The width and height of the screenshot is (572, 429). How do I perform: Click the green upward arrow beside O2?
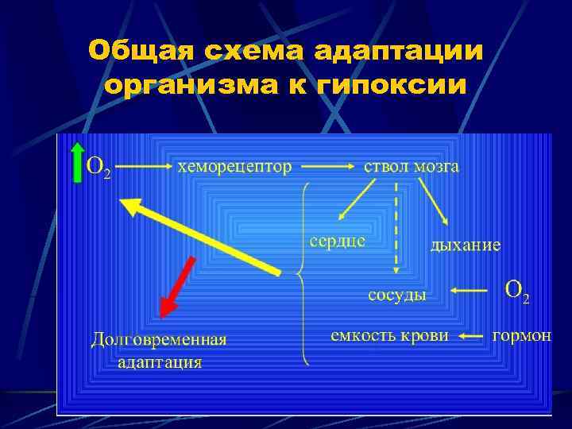click(x=76, y=163)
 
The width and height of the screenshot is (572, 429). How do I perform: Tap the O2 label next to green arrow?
click(x=99, y=168)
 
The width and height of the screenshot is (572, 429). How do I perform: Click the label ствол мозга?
click(x=411, y=167)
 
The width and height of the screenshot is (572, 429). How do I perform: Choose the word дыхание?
click(x=465, y=245)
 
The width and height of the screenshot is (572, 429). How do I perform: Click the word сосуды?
click(x=397, y=295)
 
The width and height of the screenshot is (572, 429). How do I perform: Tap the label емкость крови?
click(x=389, y=335)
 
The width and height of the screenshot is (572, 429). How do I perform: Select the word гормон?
click(x=522, y=335)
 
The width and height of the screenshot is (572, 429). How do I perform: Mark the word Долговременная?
click(x=159, y=339)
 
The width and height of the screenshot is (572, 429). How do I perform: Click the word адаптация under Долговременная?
click(x=160, y=362)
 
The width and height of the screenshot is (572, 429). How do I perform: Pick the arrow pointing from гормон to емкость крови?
click(x=472, y=336)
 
